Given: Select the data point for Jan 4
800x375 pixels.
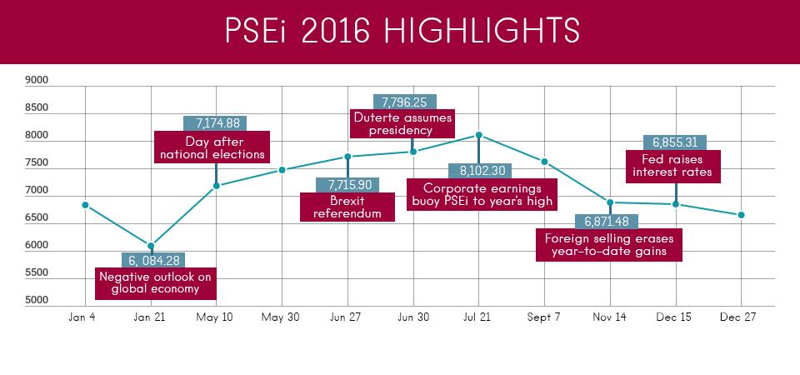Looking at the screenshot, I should coord(86,205).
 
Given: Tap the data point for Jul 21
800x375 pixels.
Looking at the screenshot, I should coord(478,134).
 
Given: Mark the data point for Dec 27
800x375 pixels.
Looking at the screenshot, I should coord(741,215).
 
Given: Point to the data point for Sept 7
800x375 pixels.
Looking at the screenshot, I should coord(544,162).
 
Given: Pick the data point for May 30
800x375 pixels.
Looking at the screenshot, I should coord(282,170).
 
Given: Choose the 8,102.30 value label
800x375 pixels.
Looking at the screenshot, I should coord(477,170).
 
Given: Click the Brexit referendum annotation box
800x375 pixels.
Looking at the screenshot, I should coord(347,207).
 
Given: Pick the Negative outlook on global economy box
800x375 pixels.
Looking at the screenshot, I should coord(156,283).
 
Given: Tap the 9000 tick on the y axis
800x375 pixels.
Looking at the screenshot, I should coord(37,81).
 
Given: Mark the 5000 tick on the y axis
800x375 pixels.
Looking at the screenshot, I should coord(37,300).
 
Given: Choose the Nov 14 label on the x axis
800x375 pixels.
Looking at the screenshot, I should coord(609,317).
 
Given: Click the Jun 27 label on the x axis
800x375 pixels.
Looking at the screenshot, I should coord(347,317).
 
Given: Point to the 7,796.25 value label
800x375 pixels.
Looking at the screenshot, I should coord(404,102).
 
